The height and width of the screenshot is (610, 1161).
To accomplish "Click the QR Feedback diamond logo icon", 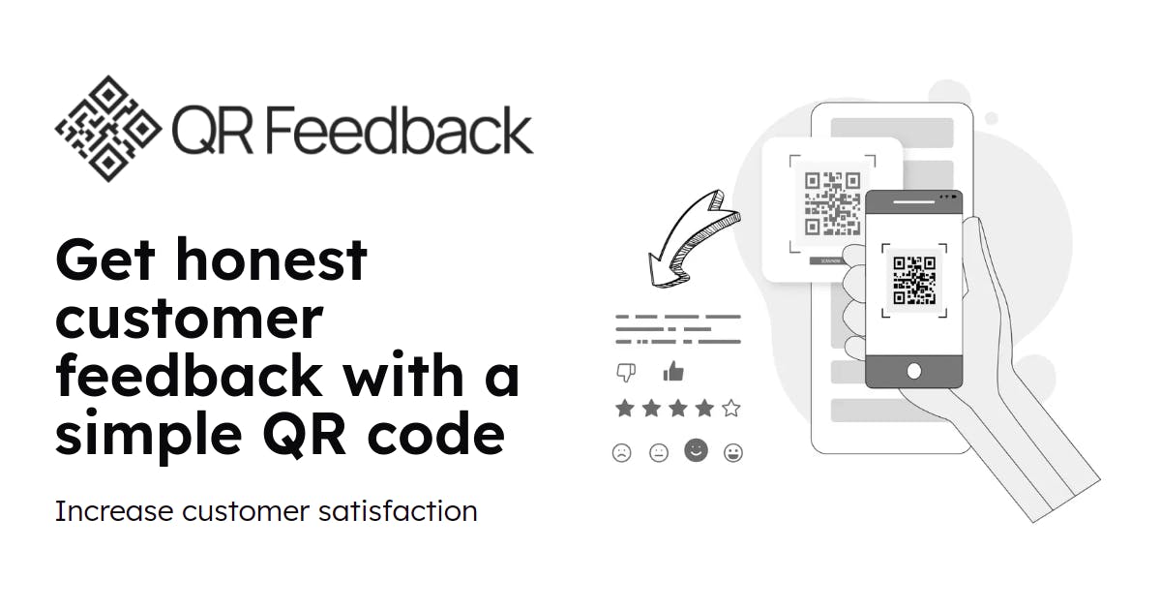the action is (108, 129).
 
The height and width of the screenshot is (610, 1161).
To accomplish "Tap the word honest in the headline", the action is (271, 259).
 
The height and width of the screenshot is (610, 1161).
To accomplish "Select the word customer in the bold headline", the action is (190, 320).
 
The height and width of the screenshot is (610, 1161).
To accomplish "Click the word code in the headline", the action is (435, 432).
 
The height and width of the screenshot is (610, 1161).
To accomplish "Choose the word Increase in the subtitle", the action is (114, 511).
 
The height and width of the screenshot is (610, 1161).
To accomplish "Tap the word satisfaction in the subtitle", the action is (398, 511).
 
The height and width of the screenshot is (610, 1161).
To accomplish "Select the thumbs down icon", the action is (626, 373).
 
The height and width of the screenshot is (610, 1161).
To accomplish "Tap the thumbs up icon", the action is (673, 371).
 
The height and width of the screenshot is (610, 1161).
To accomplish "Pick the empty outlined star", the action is (731, 409).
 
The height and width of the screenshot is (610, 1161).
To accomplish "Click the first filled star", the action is (625, 409).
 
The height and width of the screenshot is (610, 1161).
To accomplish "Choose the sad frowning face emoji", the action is (621, 453).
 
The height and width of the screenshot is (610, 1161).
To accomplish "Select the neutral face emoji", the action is (659, 453).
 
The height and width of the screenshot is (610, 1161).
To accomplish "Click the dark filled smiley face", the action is (696, 450).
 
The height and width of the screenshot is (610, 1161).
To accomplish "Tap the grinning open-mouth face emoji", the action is (733, 453).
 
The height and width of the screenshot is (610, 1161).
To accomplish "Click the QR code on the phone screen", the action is (914, 280).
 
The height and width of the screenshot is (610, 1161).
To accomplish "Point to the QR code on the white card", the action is (832, 203).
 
